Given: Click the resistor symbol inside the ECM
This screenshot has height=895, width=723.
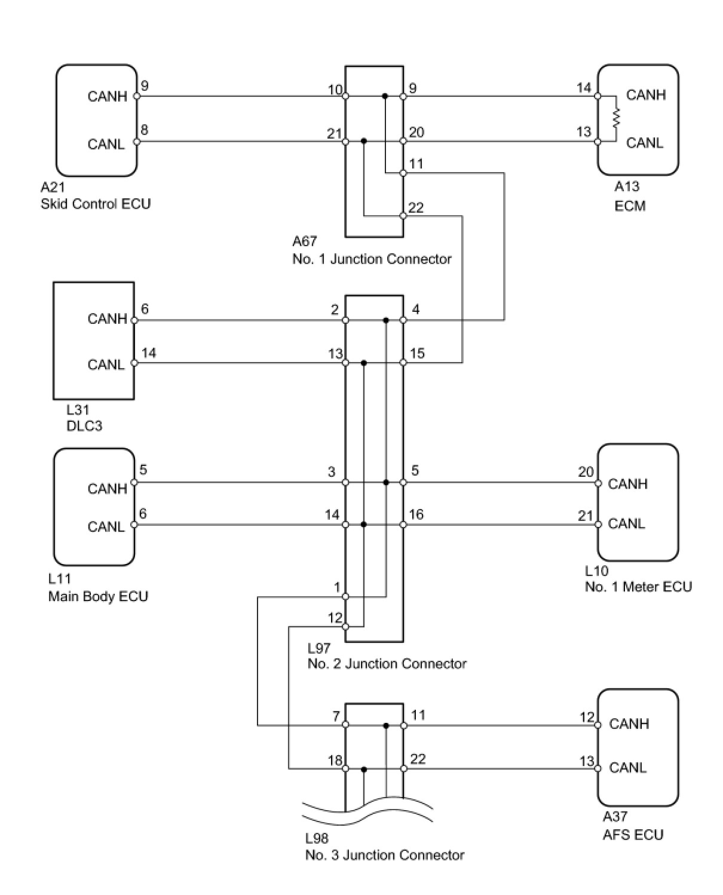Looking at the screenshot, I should (x=616, y=118).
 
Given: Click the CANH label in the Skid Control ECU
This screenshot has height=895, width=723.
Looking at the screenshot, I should (x=107, y=96).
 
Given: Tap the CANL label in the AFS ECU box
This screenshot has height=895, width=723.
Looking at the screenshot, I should (x=627, y=767).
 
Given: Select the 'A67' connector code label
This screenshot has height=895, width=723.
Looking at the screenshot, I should (x=305, y=241).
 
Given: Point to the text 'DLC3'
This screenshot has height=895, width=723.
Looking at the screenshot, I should (x=84, y=426).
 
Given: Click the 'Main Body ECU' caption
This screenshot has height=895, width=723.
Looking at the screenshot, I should (x=98, y=596).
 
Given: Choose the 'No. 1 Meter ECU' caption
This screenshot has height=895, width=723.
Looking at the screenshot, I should (x=638, y=587).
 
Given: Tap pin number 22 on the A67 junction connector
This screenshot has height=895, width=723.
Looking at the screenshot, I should (x=416, y=207).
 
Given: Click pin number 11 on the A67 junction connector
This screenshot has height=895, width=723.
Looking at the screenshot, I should (x=416, y=164).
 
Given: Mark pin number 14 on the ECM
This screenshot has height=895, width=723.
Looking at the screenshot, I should (x=584, y=88).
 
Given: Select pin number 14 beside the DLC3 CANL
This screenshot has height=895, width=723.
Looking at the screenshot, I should (x=149, y=353).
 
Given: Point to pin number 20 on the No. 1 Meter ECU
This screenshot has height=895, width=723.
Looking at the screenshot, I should (x=586, y=472).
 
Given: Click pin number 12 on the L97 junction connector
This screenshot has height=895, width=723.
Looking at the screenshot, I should (x=335, y=617).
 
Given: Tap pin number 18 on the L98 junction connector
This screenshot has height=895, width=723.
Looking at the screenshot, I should (x=335, y=760).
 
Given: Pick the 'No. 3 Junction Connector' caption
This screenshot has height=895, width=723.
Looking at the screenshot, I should (x=385, y=855).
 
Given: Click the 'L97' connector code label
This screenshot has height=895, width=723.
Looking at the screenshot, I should (x=319, y=648).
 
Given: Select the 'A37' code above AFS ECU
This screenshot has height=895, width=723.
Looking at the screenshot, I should (x=615, y=817).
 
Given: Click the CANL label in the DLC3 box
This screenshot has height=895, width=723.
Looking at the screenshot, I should (x=106, y=364).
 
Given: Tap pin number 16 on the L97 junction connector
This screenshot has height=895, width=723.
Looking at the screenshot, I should (x=416, y=514).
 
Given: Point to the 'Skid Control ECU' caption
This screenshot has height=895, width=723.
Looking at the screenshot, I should (x=96, y=204).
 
